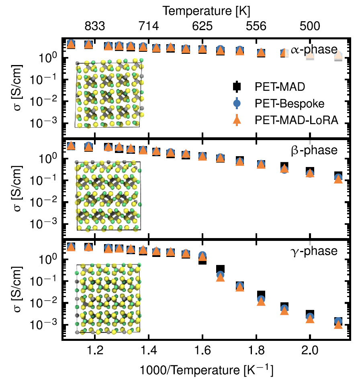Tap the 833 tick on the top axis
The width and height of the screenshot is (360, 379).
point(95,27)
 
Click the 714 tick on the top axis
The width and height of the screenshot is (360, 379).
point(149,27)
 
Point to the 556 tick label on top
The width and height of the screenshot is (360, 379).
point(256,27)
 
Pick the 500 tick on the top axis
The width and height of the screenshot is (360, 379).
point(310,27)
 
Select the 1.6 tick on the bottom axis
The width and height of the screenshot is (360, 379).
point(202,350)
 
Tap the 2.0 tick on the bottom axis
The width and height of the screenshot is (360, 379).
point(310,350)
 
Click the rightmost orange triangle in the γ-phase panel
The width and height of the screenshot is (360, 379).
point(338,324)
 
